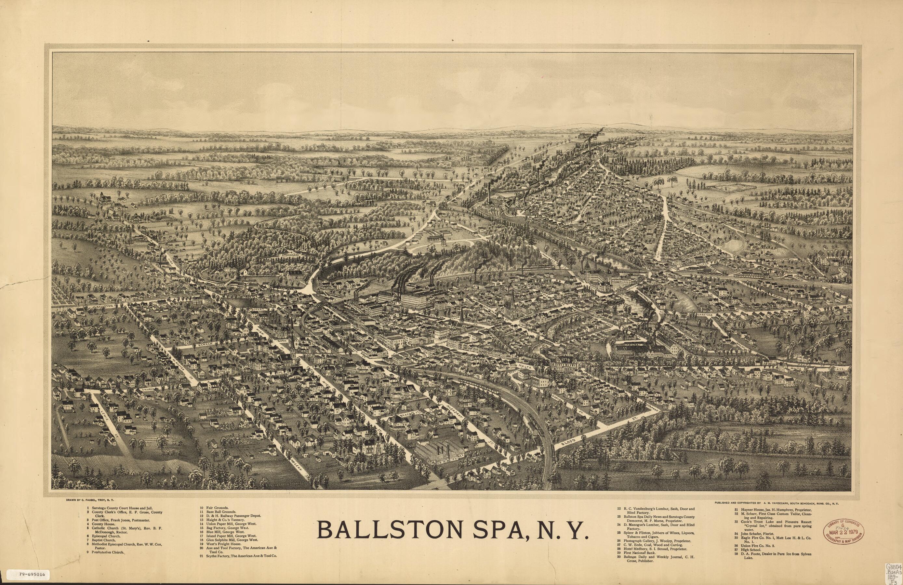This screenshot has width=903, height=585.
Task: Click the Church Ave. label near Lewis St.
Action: click(146, 390)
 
